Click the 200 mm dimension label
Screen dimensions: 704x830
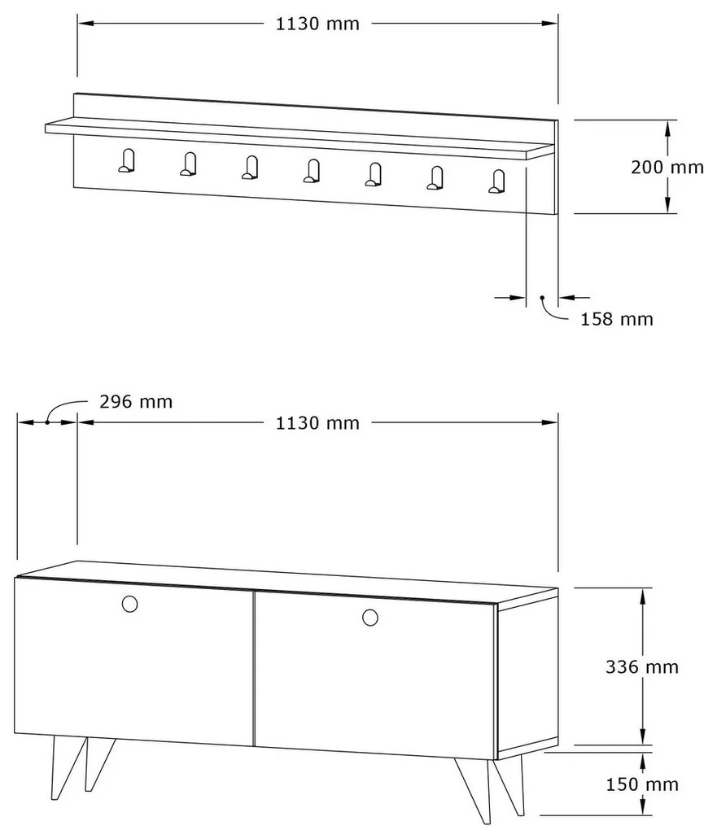[667, 168]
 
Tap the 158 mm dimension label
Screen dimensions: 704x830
[617, 319]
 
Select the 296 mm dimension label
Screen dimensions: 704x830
[136, 402]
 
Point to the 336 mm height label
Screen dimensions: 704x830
[642, 667]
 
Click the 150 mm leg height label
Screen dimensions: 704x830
[642, 784]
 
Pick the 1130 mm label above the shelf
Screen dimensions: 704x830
[317, 24]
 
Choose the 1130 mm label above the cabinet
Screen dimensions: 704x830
[317, 423]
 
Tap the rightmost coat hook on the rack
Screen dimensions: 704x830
[496, 181]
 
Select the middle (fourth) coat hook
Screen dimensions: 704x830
[312, 171]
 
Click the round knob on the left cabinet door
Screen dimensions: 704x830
[129, 604]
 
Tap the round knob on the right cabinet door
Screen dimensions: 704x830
[370, 617]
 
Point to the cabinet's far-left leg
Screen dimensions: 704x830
[68, 767]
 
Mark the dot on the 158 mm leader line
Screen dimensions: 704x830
[542, 298]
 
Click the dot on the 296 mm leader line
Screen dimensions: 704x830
[47, 422]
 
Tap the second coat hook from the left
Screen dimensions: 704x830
[189, 164]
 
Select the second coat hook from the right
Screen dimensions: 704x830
[435, 178]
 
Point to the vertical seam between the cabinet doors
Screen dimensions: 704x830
[255, 669]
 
